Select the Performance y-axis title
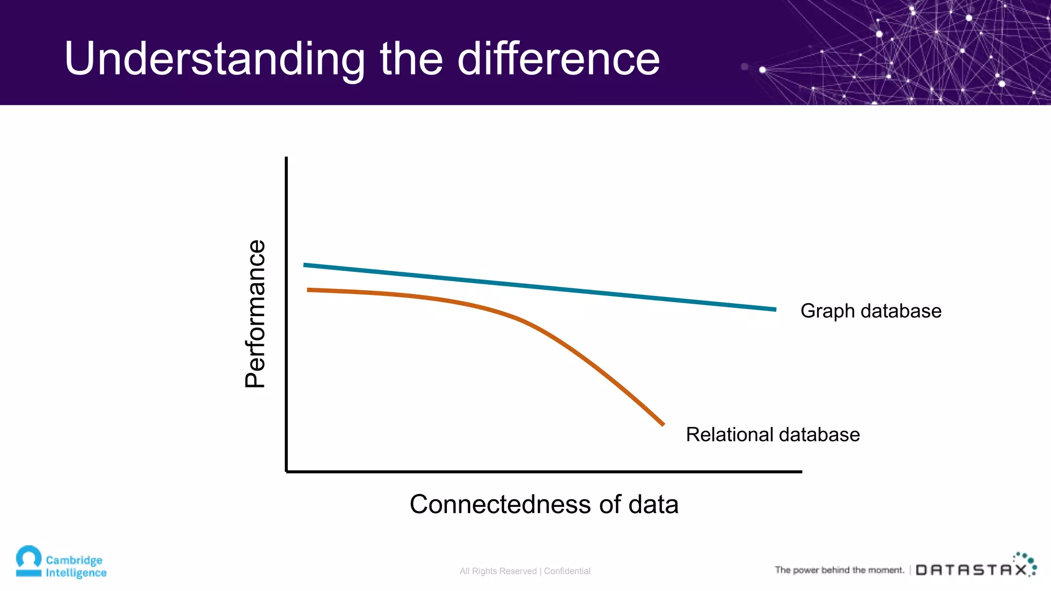(x=255, y=313)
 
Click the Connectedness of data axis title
(x=543, y=504)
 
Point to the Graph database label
(x=870, y=311)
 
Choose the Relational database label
(x=772, y=435)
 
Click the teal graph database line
(x=539, y=287)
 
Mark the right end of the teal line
(x=774, y=309)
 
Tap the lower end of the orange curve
(x=663, y=424)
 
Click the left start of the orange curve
(x=309, y=290)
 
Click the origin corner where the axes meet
(x=286, y=471)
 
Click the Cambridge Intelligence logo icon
(x=29, y=561)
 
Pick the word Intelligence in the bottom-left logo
(x=76, y=573)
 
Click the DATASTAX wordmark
(x=971, y=570)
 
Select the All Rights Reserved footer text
(x=498, y=571)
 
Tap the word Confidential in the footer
(x=567, y=571)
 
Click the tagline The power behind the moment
(x=839, y=570)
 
